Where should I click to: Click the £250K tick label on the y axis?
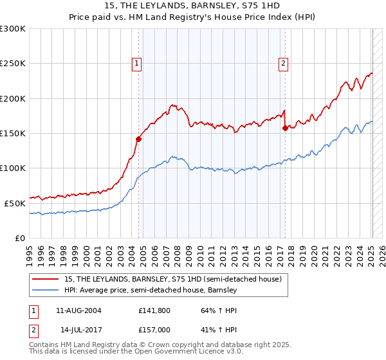[13, 64]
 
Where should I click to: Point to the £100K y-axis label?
[13, 168]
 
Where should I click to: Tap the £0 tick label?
[19, 238]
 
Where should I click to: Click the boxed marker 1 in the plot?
[137, 63]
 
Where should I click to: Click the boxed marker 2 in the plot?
[284, 63]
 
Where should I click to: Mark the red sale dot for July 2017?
[285, 128]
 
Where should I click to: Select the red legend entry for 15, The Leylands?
[172, 280]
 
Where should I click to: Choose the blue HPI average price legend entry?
[151, 291]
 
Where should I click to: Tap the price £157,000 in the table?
[156, 328]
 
